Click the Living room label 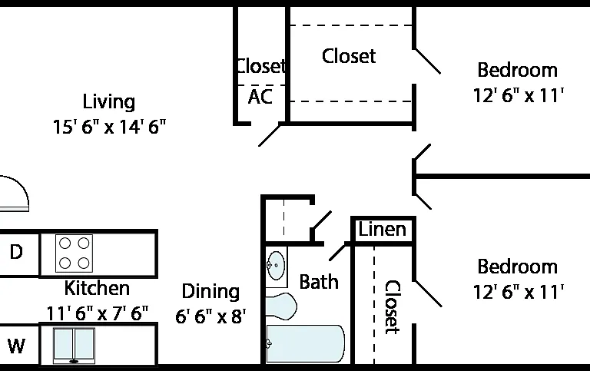click(109, 102)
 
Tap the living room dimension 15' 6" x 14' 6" click(109, 127)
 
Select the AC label click(260, 97)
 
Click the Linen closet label click(383, 229)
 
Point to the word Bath click(319, 282)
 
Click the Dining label click(210, 292)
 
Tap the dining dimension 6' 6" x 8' click(210, 316)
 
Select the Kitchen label click(97, 288)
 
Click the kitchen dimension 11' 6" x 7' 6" click(97, 313)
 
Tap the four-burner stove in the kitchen click(74, 253)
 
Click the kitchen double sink click(74, 346)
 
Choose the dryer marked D click(16, 252)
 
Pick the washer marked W click(16, 346)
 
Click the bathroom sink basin click(277, 266)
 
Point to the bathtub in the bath click(305, 344)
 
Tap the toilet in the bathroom click(281, 306)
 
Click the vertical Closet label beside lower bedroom click(393, 307)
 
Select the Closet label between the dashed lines click(349, 56)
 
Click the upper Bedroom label click(517, 70)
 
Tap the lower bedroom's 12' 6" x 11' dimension click(518, 292)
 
